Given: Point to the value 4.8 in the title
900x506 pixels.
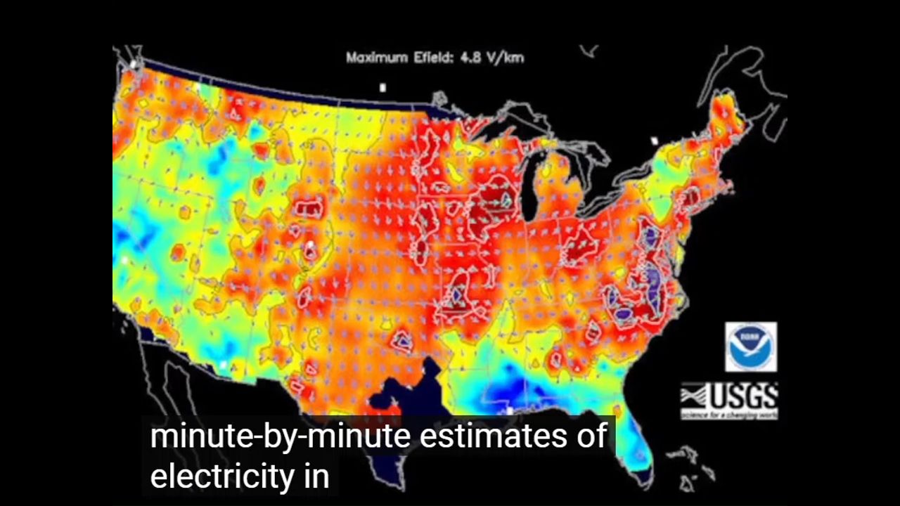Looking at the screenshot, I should tap(465, 58).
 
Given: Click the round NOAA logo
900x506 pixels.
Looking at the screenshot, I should tap(751, 347).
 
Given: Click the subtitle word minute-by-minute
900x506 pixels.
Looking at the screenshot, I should tap(280, 436).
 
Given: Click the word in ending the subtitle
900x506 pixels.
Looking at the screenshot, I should tap(316, 476).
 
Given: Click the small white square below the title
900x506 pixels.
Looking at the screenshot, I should tap(382, 88).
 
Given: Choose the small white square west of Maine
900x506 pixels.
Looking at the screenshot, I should tap(655, 141).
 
